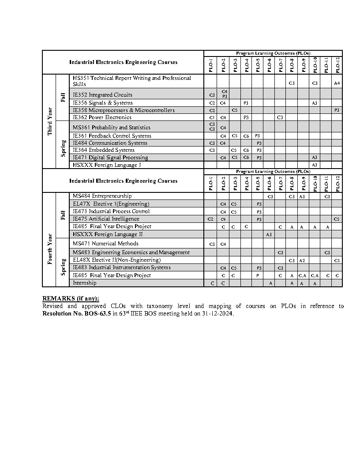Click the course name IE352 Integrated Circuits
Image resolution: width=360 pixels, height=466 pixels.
point(102,95)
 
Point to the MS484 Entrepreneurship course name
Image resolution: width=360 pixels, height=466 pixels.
point(102,196)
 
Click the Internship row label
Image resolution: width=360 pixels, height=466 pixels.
point(84,283)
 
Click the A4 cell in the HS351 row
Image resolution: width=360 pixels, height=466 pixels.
point(337,83)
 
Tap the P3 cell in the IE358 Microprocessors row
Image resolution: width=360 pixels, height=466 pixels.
point(337,110)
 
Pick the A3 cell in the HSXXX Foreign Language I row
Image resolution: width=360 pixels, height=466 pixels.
point(315,165)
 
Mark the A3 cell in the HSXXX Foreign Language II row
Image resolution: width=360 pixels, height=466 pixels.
point(269,234)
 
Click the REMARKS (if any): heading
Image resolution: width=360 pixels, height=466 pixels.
point(71,299)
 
